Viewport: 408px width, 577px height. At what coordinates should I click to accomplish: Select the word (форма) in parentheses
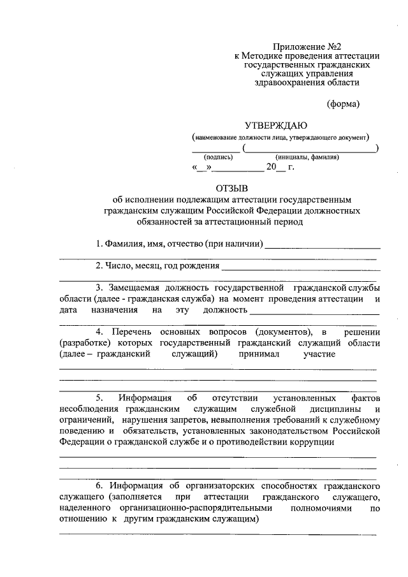click(x=344, y=103)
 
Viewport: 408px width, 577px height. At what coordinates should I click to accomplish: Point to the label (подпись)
click(x=218, y=157)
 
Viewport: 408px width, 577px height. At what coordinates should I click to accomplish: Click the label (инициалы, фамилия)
click(x=307, y=157)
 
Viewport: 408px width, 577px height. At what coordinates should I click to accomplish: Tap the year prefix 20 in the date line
click(x=272, y=168)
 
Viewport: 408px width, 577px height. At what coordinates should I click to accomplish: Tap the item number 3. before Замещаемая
click(x=100, y=288)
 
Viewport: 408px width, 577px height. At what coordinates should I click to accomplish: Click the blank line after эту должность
click(x=315, y=312)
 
